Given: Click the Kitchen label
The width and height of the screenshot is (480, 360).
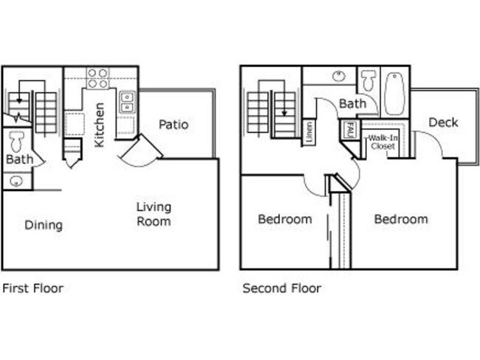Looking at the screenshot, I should [100, 125].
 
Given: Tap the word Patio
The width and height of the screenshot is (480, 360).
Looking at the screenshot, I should [174, 125].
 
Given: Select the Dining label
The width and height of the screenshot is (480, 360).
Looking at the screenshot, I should [43, 225].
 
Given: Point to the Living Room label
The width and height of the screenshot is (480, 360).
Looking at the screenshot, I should [154, 213].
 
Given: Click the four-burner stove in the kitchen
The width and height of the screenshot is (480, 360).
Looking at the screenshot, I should [97, 77].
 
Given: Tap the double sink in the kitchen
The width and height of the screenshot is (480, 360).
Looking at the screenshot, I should [127, 101].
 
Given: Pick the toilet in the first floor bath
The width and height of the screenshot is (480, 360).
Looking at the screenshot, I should [16, 140].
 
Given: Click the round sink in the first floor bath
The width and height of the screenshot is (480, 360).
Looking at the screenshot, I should [16, 180].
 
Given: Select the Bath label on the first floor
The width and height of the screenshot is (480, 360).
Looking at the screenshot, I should [17, 159].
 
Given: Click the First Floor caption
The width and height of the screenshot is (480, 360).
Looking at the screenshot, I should [33, 288].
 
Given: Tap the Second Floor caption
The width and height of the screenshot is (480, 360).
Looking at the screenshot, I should [281, 288].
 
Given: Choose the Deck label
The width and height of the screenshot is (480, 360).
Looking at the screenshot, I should [443, 122].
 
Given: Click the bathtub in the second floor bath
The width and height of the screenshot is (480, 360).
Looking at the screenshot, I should [394, 93].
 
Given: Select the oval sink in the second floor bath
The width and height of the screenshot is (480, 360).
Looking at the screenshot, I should [339, 76].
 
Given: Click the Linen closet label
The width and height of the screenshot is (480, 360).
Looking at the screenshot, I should [309, 131].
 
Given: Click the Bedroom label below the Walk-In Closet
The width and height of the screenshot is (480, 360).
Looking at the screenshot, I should [400, 219].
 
